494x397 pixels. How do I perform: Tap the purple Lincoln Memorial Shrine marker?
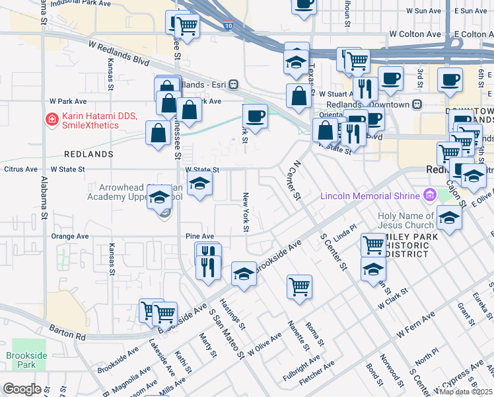431,195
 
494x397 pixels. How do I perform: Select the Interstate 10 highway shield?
228,26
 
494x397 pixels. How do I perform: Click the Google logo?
21,389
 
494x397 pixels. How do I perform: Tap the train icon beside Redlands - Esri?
234,85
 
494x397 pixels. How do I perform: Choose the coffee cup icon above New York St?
255,116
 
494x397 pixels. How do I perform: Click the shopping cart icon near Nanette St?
299,287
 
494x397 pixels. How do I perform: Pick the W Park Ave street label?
69,102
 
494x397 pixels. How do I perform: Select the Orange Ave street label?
70,236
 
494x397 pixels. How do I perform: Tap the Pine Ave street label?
199,236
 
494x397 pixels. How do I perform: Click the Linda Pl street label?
345,237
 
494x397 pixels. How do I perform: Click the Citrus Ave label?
22,169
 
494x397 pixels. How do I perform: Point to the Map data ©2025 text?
466,392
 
